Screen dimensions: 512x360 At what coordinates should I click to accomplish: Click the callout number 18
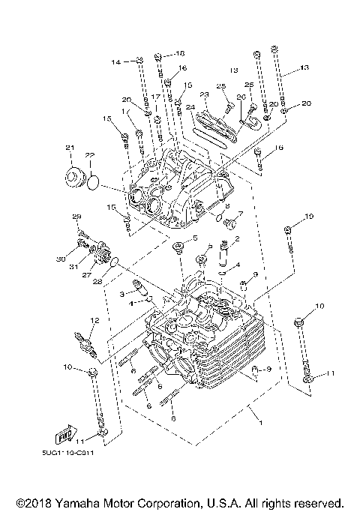[x=179, y=54]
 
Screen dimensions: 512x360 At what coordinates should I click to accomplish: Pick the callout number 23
[x=203, y=94]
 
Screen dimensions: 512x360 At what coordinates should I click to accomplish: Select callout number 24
[x=190, y=108]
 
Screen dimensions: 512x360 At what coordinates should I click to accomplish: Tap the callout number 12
[x=94, y=321]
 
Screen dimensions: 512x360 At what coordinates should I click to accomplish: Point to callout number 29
[x=76, y=217]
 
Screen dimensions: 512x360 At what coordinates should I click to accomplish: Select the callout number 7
[x=241, y=213]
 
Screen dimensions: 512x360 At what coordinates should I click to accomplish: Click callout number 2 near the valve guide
[x=236, y=239]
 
